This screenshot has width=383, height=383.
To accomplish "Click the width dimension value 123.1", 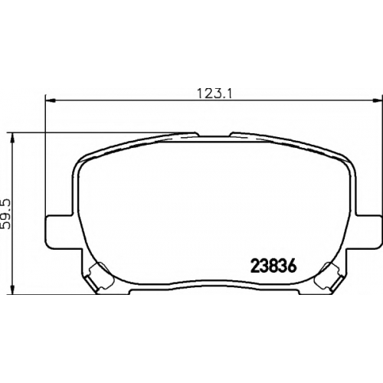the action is (214, 93).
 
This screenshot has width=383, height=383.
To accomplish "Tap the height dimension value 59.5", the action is (7, 214).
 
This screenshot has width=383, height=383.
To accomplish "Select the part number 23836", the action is (274, 267).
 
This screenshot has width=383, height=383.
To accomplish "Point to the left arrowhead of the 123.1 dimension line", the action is (50, 100).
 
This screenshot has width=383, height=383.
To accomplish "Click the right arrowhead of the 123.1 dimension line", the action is (377, 100).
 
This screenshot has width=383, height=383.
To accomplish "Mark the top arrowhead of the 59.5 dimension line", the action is (12, 138).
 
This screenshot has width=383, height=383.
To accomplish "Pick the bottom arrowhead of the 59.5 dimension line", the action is (12, 290).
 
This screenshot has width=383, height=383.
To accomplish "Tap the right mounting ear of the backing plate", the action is (368, 231).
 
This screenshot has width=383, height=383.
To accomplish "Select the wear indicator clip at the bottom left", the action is (100, 277).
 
